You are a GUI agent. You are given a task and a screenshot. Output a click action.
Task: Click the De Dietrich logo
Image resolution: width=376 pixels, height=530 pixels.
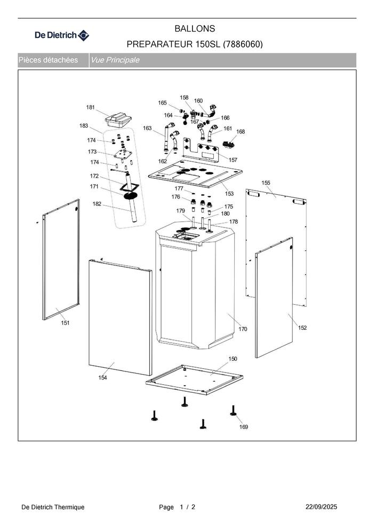(62, 36)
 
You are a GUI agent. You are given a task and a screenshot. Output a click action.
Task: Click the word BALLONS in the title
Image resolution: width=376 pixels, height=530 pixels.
(195, 28)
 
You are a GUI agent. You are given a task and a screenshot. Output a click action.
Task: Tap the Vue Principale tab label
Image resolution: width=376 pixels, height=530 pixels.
(115, 60)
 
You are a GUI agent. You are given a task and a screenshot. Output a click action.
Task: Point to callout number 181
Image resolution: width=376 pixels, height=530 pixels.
(91, 107)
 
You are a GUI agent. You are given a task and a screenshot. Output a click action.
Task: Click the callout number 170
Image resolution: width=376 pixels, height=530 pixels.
(243, 329)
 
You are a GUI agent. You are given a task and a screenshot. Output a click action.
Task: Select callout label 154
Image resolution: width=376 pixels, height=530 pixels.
(102, 378)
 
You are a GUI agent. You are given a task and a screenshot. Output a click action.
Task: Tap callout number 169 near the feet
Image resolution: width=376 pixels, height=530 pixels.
(243, 426)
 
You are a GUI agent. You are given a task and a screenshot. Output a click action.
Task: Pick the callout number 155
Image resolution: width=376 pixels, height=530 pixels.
(266, 183)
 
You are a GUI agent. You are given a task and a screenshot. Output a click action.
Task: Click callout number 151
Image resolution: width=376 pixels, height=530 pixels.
(65, 323)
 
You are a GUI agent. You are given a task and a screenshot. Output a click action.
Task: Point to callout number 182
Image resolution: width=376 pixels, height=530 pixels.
(97, 203)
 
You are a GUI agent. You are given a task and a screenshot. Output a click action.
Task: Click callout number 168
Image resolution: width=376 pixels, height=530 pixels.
(241, 131)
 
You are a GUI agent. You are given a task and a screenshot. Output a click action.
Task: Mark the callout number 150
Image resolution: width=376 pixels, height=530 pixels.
(233, 359)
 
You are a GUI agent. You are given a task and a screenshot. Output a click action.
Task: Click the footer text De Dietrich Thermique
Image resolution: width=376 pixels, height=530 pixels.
(53, 507)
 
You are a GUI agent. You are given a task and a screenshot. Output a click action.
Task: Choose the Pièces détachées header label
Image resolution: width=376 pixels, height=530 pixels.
(49, 60)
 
